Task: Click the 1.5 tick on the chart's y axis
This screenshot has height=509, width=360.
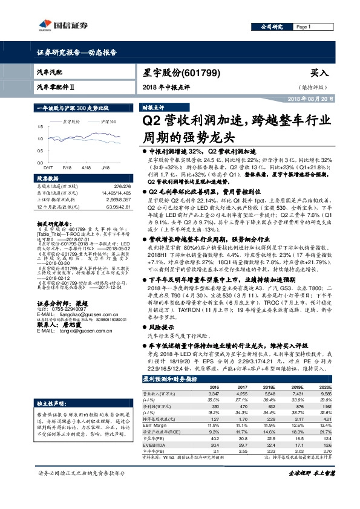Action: coord(41,127)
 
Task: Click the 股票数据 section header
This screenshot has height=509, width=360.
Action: coord(48,180)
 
